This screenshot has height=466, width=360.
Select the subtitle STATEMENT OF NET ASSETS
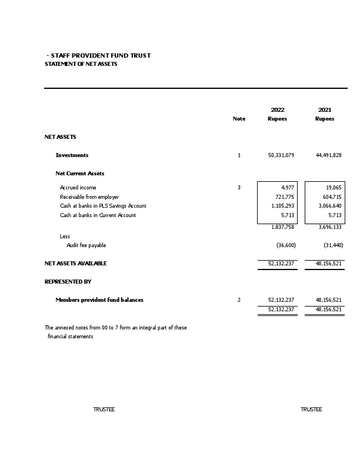coord(81,64)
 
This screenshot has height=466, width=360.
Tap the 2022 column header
coord(277,109)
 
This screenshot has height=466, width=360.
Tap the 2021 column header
coord(324,109)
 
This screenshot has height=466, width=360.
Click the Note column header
coord(239,119)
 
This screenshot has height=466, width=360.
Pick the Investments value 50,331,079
coord(281,155)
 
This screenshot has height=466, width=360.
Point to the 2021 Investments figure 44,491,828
coord(328,155)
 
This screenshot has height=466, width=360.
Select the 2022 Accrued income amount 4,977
coord(288,188)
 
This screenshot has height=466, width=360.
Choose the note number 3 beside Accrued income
coord(239,188)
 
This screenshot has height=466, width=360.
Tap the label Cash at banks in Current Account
coord(98,215)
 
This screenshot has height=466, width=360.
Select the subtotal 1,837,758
coord(282,227)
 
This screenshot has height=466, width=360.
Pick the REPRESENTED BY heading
coord(68,282)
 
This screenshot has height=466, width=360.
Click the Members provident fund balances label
coord(99,300)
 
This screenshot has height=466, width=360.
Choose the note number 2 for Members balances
coord(239,300)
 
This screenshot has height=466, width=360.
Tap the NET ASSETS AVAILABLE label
coord(76,264)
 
